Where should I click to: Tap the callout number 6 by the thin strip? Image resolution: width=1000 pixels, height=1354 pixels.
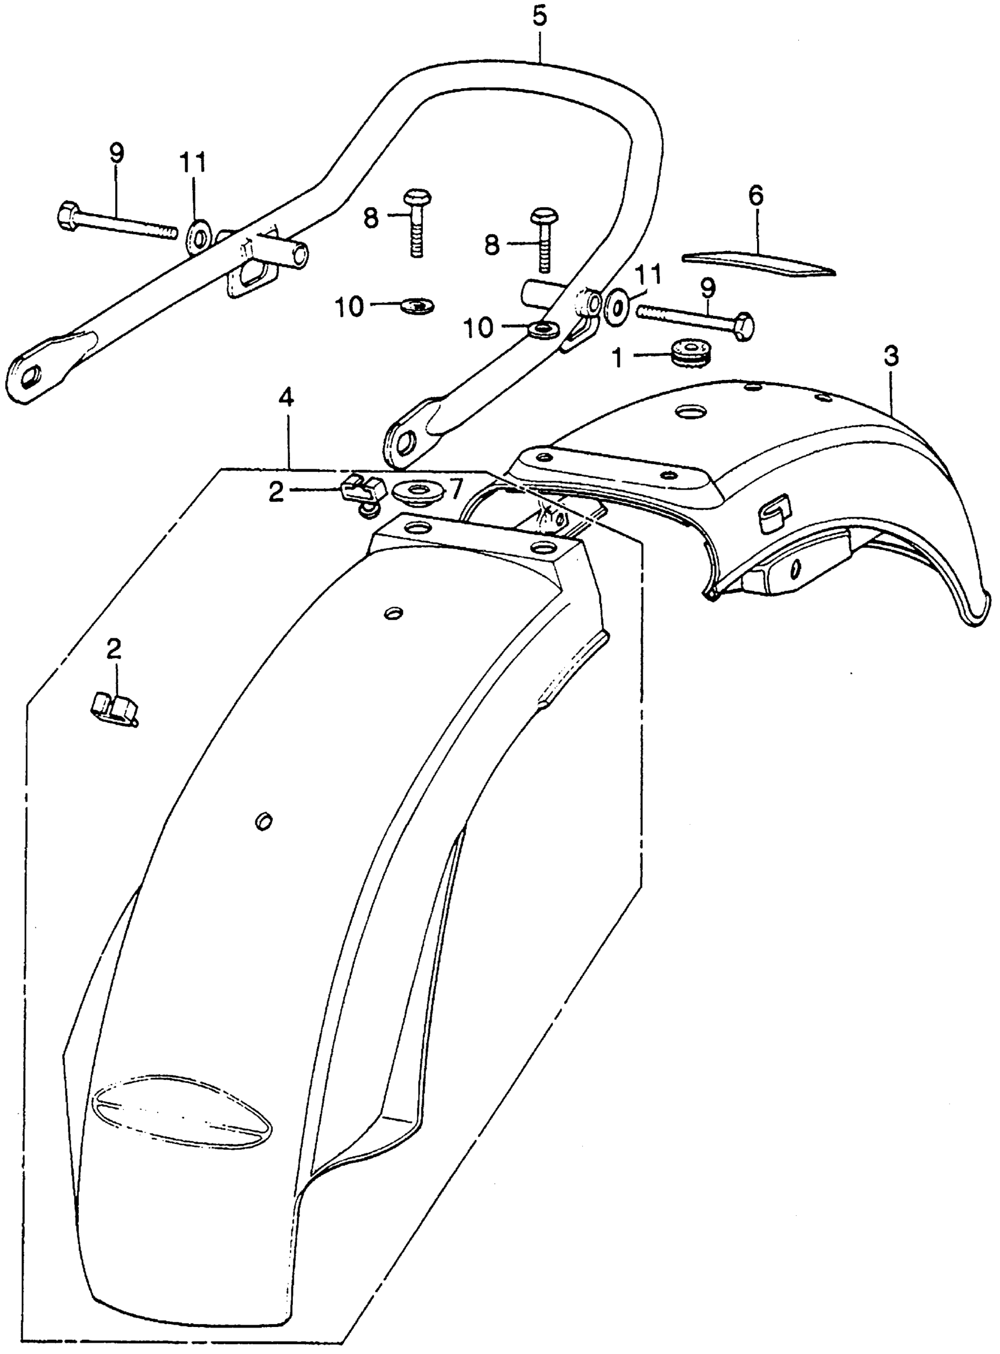coord(755,197)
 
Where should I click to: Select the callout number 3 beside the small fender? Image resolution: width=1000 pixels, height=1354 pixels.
coord(891,358)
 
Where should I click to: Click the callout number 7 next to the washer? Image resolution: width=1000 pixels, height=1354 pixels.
coord(455,487)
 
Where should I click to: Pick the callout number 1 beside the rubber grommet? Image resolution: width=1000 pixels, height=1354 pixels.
coord(618,358)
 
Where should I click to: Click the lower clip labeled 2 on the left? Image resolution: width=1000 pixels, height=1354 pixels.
coord(114,706)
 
